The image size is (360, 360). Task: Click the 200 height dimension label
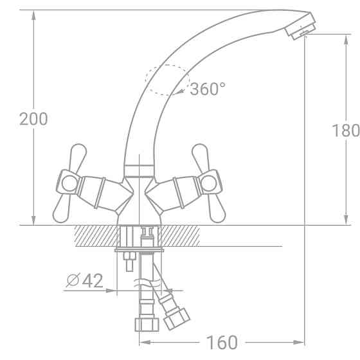click(x=33, y=119)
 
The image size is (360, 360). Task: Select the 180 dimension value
click(x=345, y=130)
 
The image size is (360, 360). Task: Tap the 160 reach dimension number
click(x=222, y=342)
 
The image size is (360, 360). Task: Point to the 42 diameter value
click(x=93, y=281)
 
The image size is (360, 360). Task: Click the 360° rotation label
click(x=208, y=89)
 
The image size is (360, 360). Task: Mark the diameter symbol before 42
click(x=73, y=281)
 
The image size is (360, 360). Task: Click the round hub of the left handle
click(x=69, y=183)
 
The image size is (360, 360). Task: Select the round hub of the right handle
click(x=210, y=184)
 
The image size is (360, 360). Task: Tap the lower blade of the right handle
click(x=217, y=208)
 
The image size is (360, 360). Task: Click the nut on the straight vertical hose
click(x=145, y=323)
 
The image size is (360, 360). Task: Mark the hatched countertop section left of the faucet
click(x=96, y=235)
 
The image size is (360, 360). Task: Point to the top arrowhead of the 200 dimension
click(x=33, y=15)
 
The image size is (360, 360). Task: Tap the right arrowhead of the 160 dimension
click(x=300, y=342)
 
